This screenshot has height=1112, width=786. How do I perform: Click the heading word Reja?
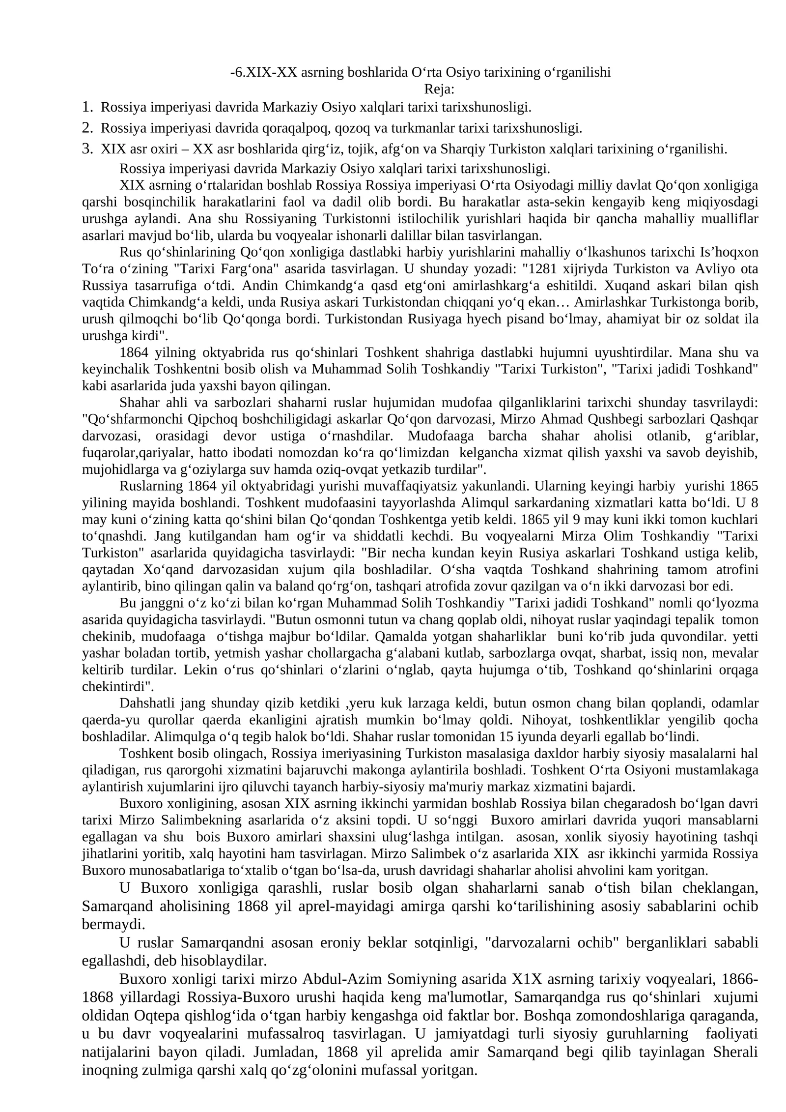coord(439,89)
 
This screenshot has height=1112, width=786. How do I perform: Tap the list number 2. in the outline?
coord(87,128)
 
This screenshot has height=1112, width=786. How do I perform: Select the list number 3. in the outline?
coord(87,148)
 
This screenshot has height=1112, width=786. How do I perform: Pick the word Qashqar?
coord(737,419)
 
